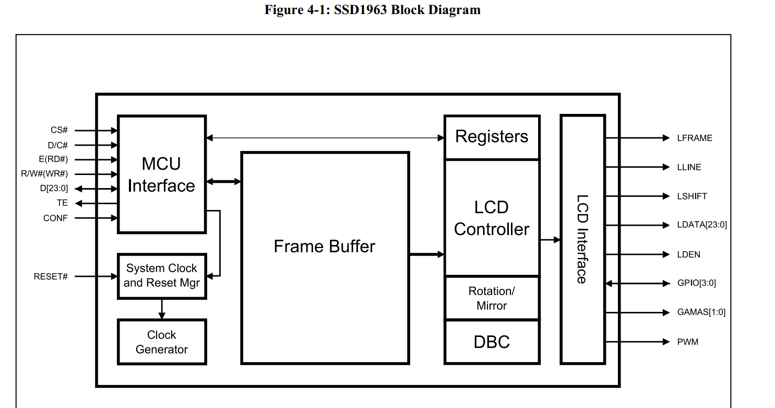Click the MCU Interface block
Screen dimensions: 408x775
[162, 174]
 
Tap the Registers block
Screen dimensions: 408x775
[492, 137]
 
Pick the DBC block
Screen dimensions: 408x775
[492, 342]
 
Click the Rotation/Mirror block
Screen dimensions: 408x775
[492, 298]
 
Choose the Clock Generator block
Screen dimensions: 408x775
[162, 342]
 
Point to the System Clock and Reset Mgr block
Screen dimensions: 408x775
[162, 276]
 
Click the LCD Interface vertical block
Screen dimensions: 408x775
[582, 239]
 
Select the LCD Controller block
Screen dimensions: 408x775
[492, 218]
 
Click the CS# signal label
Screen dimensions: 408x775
[59, 130]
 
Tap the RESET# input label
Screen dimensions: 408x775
[51, 276]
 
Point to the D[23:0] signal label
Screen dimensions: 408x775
[54, 189]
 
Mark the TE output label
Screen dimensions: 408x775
[62, 203]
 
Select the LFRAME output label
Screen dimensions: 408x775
[694, 138]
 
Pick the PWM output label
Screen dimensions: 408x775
[687, 342]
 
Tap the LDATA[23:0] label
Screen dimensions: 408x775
[701, 225]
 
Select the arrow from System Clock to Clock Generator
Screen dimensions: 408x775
[162, 309]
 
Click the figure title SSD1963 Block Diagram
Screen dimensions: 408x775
[372, 10]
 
